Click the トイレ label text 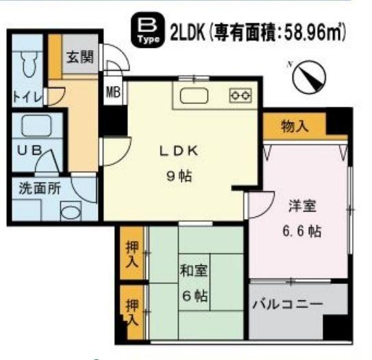[25, 97]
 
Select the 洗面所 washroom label [34, 190]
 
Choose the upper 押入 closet [132, 253]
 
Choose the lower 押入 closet [131, 311]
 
